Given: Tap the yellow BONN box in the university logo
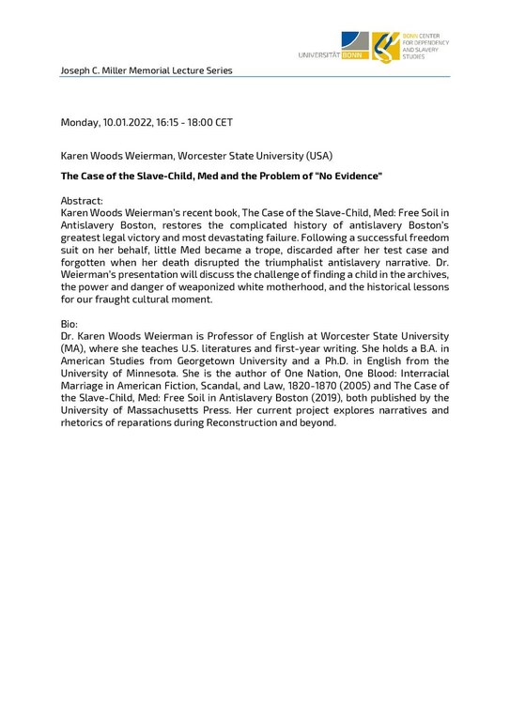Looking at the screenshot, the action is [356, 55].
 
